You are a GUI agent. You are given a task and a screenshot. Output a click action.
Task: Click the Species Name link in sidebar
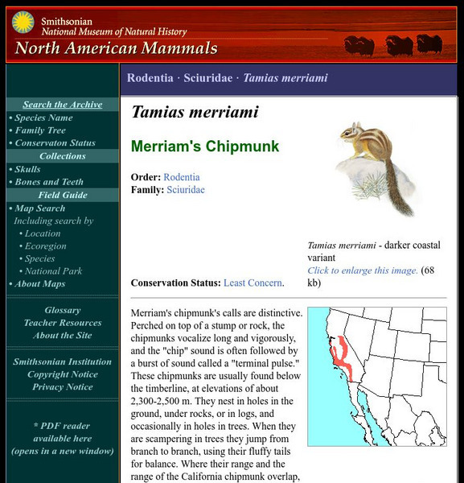pos(43,118)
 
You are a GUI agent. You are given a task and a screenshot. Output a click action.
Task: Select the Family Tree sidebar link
pos(40,130)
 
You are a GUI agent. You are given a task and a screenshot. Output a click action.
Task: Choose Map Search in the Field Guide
pos(40,208)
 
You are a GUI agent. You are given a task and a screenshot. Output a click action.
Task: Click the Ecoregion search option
pos(45,246)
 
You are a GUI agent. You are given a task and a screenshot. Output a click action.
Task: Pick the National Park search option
pos(53,271)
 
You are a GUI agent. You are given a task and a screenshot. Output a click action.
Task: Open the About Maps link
pos(39,283)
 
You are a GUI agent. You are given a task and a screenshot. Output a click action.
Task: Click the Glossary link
pos(62,310)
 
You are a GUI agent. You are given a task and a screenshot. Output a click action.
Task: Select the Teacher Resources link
pos(62,323)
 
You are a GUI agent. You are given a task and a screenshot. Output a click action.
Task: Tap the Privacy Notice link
pos(62,387)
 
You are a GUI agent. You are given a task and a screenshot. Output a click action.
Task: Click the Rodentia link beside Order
pos(182,177)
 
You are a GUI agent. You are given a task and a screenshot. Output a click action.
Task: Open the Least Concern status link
pos(253,283)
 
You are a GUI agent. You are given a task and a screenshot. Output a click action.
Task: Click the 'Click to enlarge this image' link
pos(363,270)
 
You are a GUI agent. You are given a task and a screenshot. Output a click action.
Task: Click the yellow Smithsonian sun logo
pos(23,23)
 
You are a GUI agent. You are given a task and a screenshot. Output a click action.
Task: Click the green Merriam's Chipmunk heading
pos(205,147)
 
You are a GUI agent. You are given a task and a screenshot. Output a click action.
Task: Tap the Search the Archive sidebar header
pos(62,105)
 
